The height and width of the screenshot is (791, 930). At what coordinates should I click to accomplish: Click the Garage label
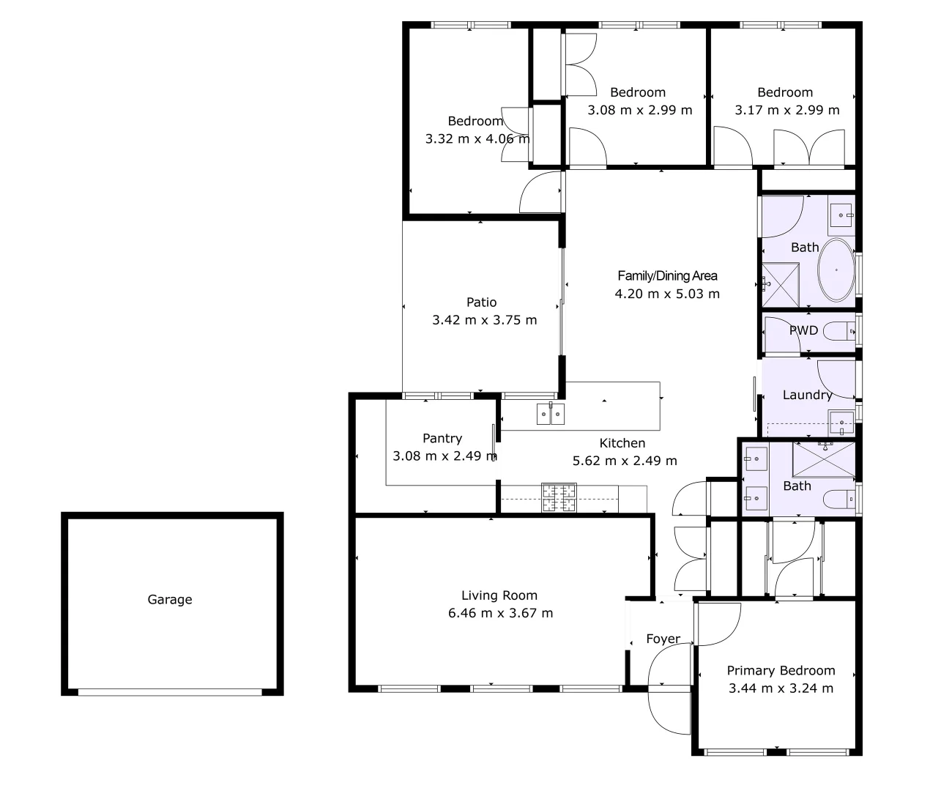coord(170,599)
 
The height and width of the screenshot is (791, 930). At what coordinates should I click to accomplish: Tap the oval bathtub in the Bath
coord(836,270)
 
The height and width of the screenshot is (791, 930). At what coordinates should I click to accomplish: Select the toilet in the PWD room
coord(838,333)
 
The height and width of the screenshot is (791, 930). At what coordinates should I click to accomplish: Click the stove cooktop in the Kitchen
coord(559,498)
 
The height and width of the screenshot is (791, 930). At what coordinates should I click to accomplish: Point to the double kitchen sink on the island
coord(550,414)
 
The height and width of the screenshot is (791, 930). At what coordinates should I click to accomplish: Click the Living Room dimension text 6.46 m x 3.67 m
coord(500,613)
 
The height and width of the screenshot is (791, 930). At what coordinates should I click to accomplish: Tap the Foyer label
coord(663,639)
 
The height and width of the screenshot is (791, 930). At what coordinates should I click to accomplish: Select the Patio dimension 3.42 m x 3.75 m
coord(484,320)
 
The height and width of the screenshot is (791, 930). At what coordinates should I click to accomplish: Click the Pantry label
coord(442,438)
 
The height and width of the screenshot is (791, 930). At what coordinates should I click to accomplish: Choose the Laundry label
coord(807,395)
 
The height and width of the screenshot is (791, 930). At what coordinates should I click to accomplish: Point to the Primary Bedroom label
coord(781,670)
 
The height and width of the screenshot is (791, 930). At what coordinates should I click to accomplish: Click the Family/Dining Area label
coord(667,275)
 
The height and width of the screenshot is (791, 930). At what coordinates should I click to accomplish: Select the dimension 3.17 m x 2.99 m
coord(787,110)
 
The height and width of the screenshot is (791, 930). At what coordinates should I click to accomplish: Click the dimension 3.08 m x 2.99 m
coord(639,110)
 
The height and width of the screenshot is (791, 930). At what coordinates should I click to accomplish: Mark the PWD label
coord(803,330)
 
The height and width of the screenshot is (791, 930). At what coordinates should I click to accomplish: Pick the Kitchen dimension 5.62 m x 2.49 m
coord(624,461)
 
